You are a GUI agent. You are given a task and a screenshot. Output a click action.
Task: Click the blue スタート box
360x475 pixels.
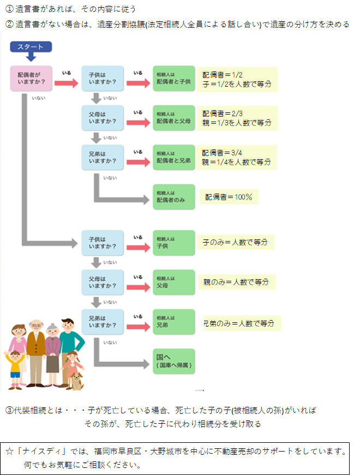point(31,47)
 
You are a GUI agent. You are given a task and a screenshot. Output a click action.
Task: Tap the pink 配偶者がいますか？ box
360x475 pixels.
point(31,78)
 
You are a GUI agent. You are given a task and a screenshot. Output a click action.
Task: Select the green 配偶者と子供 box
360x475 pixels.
point(173,78)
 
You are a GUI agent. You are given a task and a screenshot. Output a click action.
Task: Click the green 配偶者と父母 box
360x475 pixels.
point(173,118)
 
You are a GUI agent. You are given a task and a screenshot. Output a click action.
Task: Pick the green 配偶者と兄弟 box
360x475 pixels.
point(173,157)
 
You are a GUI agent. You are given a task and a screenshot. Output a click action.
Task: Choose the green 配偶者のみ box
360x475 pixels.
point(173,197)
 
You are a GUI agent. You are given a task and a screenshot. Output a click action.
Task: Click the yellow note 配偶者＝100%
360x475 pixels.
point(229,197)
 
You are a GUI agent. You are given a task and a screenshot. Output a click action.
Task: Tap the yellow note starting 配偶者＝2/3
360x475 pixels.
point(237,118)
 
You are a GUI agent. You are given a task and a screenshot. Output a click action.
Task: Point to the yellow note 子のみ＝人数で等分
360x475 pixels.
point(236,242)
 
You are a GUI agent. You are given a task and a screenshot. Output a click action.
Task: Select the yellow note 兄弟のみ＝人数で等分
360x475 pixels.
point(242,323)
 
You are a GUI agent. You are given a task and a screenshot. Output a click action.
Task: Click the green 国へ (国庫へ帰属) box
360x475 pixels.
point(173,362)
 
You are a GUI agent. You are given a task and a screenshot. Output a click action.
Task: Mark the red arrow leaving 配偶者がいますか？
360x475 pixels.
point(67,83)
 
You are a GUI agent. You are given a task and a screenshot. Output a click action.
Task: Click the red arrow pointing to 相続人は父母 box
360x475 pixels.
point(138,287)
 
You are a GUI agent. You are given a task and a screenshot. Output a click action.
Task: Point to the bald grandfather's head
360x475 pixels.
point(36,326)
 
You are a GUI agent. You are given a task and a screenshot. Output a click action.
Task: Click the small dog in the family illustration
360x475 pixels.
point(77,381)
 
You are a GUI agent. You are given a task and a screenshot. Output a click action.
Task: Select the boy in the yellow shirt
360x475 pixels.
point(14,370)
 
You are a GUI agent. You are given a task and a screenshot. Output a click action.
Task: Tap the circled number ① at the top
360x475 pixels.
point(9,9)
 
